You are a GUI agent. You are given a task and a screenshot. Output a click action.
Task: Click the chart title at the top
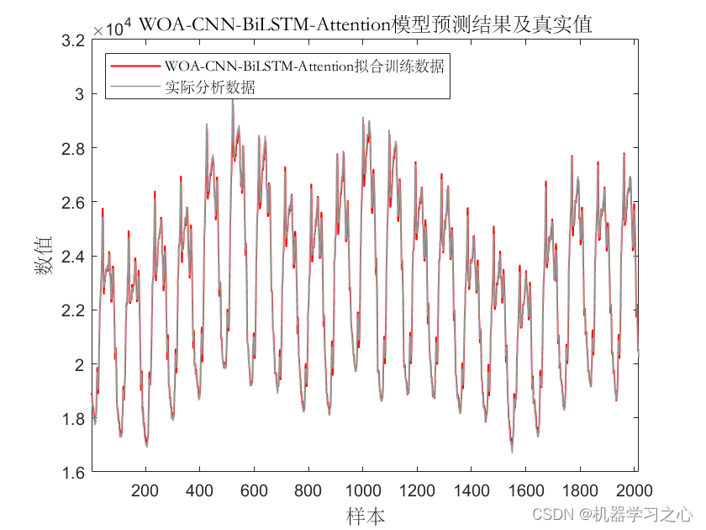tap(365, 24)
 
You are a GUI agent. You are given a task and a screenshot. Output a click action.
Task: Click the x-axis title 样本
tap(365, 513)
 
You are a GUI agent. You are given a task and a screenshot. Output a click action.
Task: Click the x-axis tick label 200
tap(145, 491)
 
